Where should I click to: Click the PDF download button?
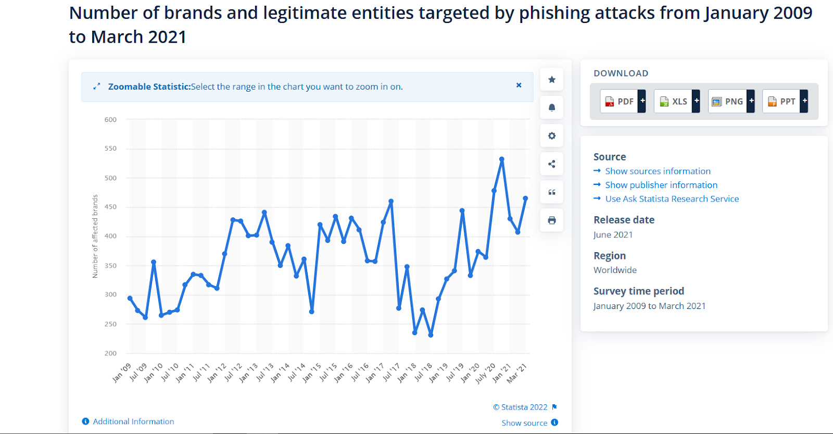pos(623,101)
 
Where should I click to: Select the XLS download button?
pos(676,101)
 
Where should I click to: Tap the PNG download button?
pos(730,101)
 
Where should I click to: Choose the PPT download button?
pos(785,101)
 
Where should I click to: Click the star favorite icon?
pos(552,80)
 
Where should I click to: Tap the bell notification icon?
pos(552,108)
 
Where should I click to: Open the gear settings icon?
pos(552,136)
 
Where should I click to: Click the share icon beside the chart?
pos(552,164)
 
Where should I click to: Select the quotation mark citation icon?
pos(552,192)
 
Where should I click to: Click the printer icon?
pos(552,220)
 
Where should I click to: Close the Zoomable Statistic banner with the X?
pos(519,85)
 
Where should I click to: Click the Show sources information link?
pos(658,171)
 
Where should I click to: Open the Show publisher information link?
pos(661,185)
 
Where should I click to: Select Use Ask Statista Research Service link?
pos(672,199)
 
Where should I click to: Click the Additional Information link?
pos(133,421)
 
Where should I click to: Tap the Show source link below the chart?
pos(524,423)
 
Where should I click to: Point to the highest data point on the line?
pos(502,159)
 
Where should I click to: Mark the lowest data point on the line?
pos(431,335)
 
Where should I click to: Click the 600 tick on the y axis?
pos(110,119)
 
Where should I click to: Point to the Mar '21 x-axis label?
pos(518,373)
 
